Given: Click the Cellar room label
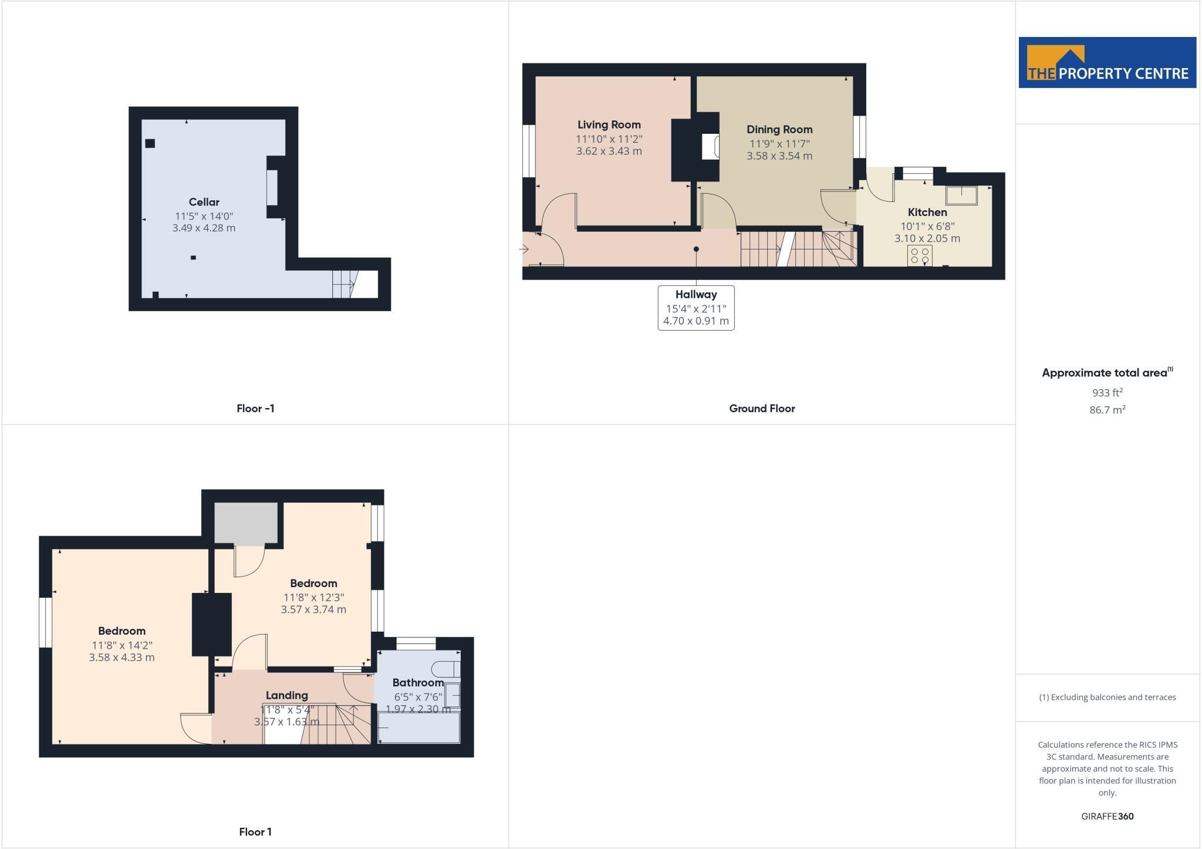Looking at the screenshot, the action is coord(204,202).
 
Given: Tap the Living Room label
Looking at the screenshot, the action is coord(609,124).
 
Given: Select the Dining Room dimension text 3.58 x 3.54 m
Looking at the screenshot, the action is coord(779,156).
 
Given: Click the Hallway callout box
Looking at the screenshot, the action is coord(696,308).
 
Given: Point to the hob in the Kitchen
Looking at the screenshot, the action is coord(920,255).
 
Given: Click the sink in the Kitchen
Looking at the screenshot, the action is coord(961,196).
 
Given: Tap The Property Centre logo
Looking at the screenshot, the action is coord(1108,63).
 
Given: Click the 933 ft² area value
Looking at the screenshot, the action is coord(1108,393).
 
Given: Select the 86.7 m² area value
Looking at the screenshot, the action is coord(1108,410).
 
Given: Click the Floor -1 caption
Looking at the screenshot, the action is coord(255,409).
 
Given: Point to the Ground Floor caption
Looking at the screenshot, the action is coord(762,409).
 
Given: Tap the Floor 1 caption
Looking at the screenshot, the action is coord(255,832).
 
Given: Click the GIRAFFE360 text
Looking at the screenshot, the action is coord(1108,816).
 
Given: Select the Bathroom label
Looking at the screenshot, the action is coord(418,683).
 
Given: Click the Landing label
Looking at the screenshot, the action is coord(287,695).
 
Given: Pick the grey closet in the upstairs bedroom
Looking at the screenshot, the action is coord(246,523).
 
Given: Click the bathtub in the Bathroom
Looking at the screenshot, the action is coord(418,728).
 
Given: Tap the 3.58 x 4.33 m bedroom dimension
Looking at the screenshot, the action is coord(122,658).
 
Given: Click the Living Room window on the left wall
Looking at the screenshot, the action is coord(529,151).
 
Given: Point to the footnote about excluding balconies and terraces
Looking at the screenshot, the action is coord(1108,698).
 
